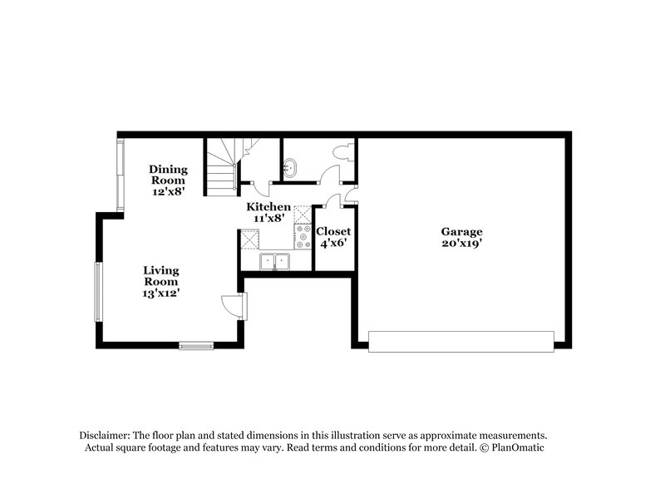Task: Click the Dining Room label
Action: point(168,175)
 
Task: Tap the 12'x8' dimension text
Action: point(168,191)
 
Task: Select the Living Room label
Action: point(161,276)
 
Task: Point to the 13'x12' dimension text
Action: point(161,293)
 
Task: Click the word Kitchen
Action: point(268,206)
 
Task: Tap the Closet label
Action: point(333,231)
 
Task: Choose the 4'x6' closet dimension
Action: point(333,244)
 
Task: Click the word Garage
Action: point(461,232)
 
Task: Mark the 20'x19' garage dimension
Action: point(462,244)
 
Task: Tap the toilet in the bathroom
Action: point(345,152)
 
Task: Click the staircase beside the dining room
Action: point(222,166)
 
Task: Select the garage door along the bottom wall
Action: point(461,341)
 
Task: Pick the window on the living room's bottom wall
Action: point(197,344)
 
